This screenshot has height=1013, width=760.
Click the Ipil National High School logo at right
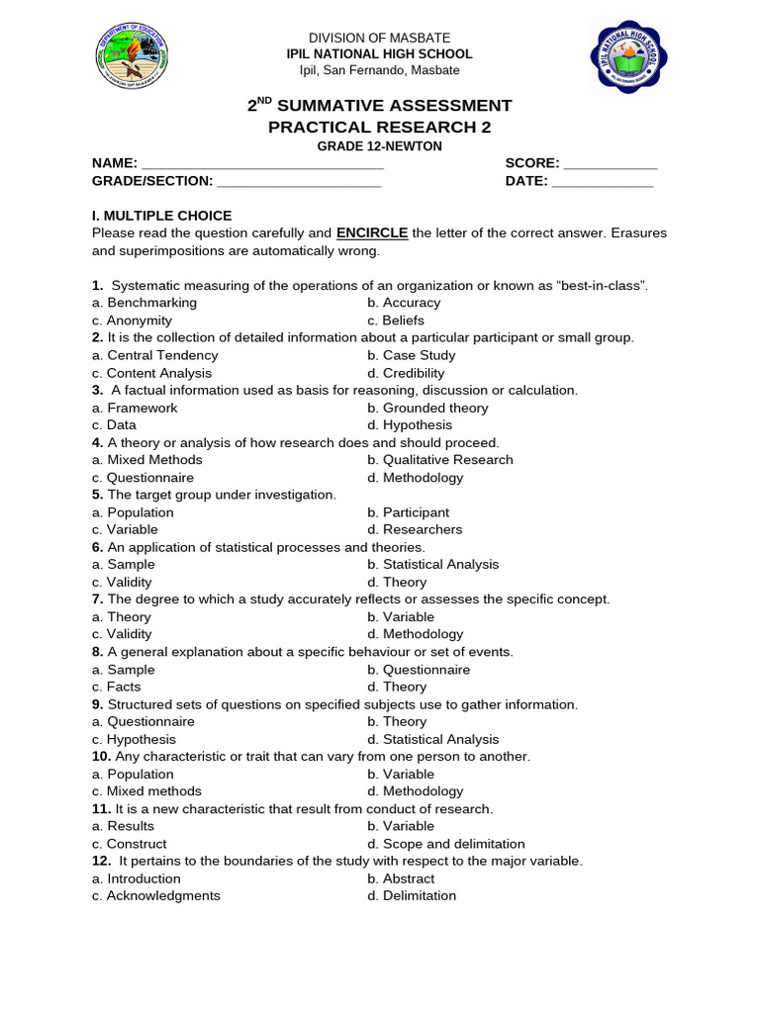628,55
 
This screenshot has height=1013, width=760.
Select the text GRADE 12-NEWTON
379,146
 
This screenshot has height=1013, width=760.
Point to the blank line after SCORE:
610,164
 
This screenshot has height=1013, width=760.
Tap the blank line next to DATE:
602,182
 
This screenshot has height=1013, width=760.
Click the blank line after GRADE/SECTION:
298,182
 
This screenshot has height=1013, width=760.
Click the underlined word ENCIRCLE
372,233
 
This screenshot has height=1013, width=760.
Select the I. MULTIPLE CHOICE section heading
161,216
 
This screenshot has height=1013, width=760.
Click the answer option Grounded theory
435,408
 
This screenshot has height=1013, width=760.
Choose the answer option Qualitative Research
447,460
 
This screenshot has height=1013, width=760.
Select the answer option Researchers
423,529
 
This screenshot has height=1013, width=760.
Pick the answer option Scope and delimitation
453,844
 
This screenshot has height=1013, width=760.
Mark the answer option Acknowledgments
163,896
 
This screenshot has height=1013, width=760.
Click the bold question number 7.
97,599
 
